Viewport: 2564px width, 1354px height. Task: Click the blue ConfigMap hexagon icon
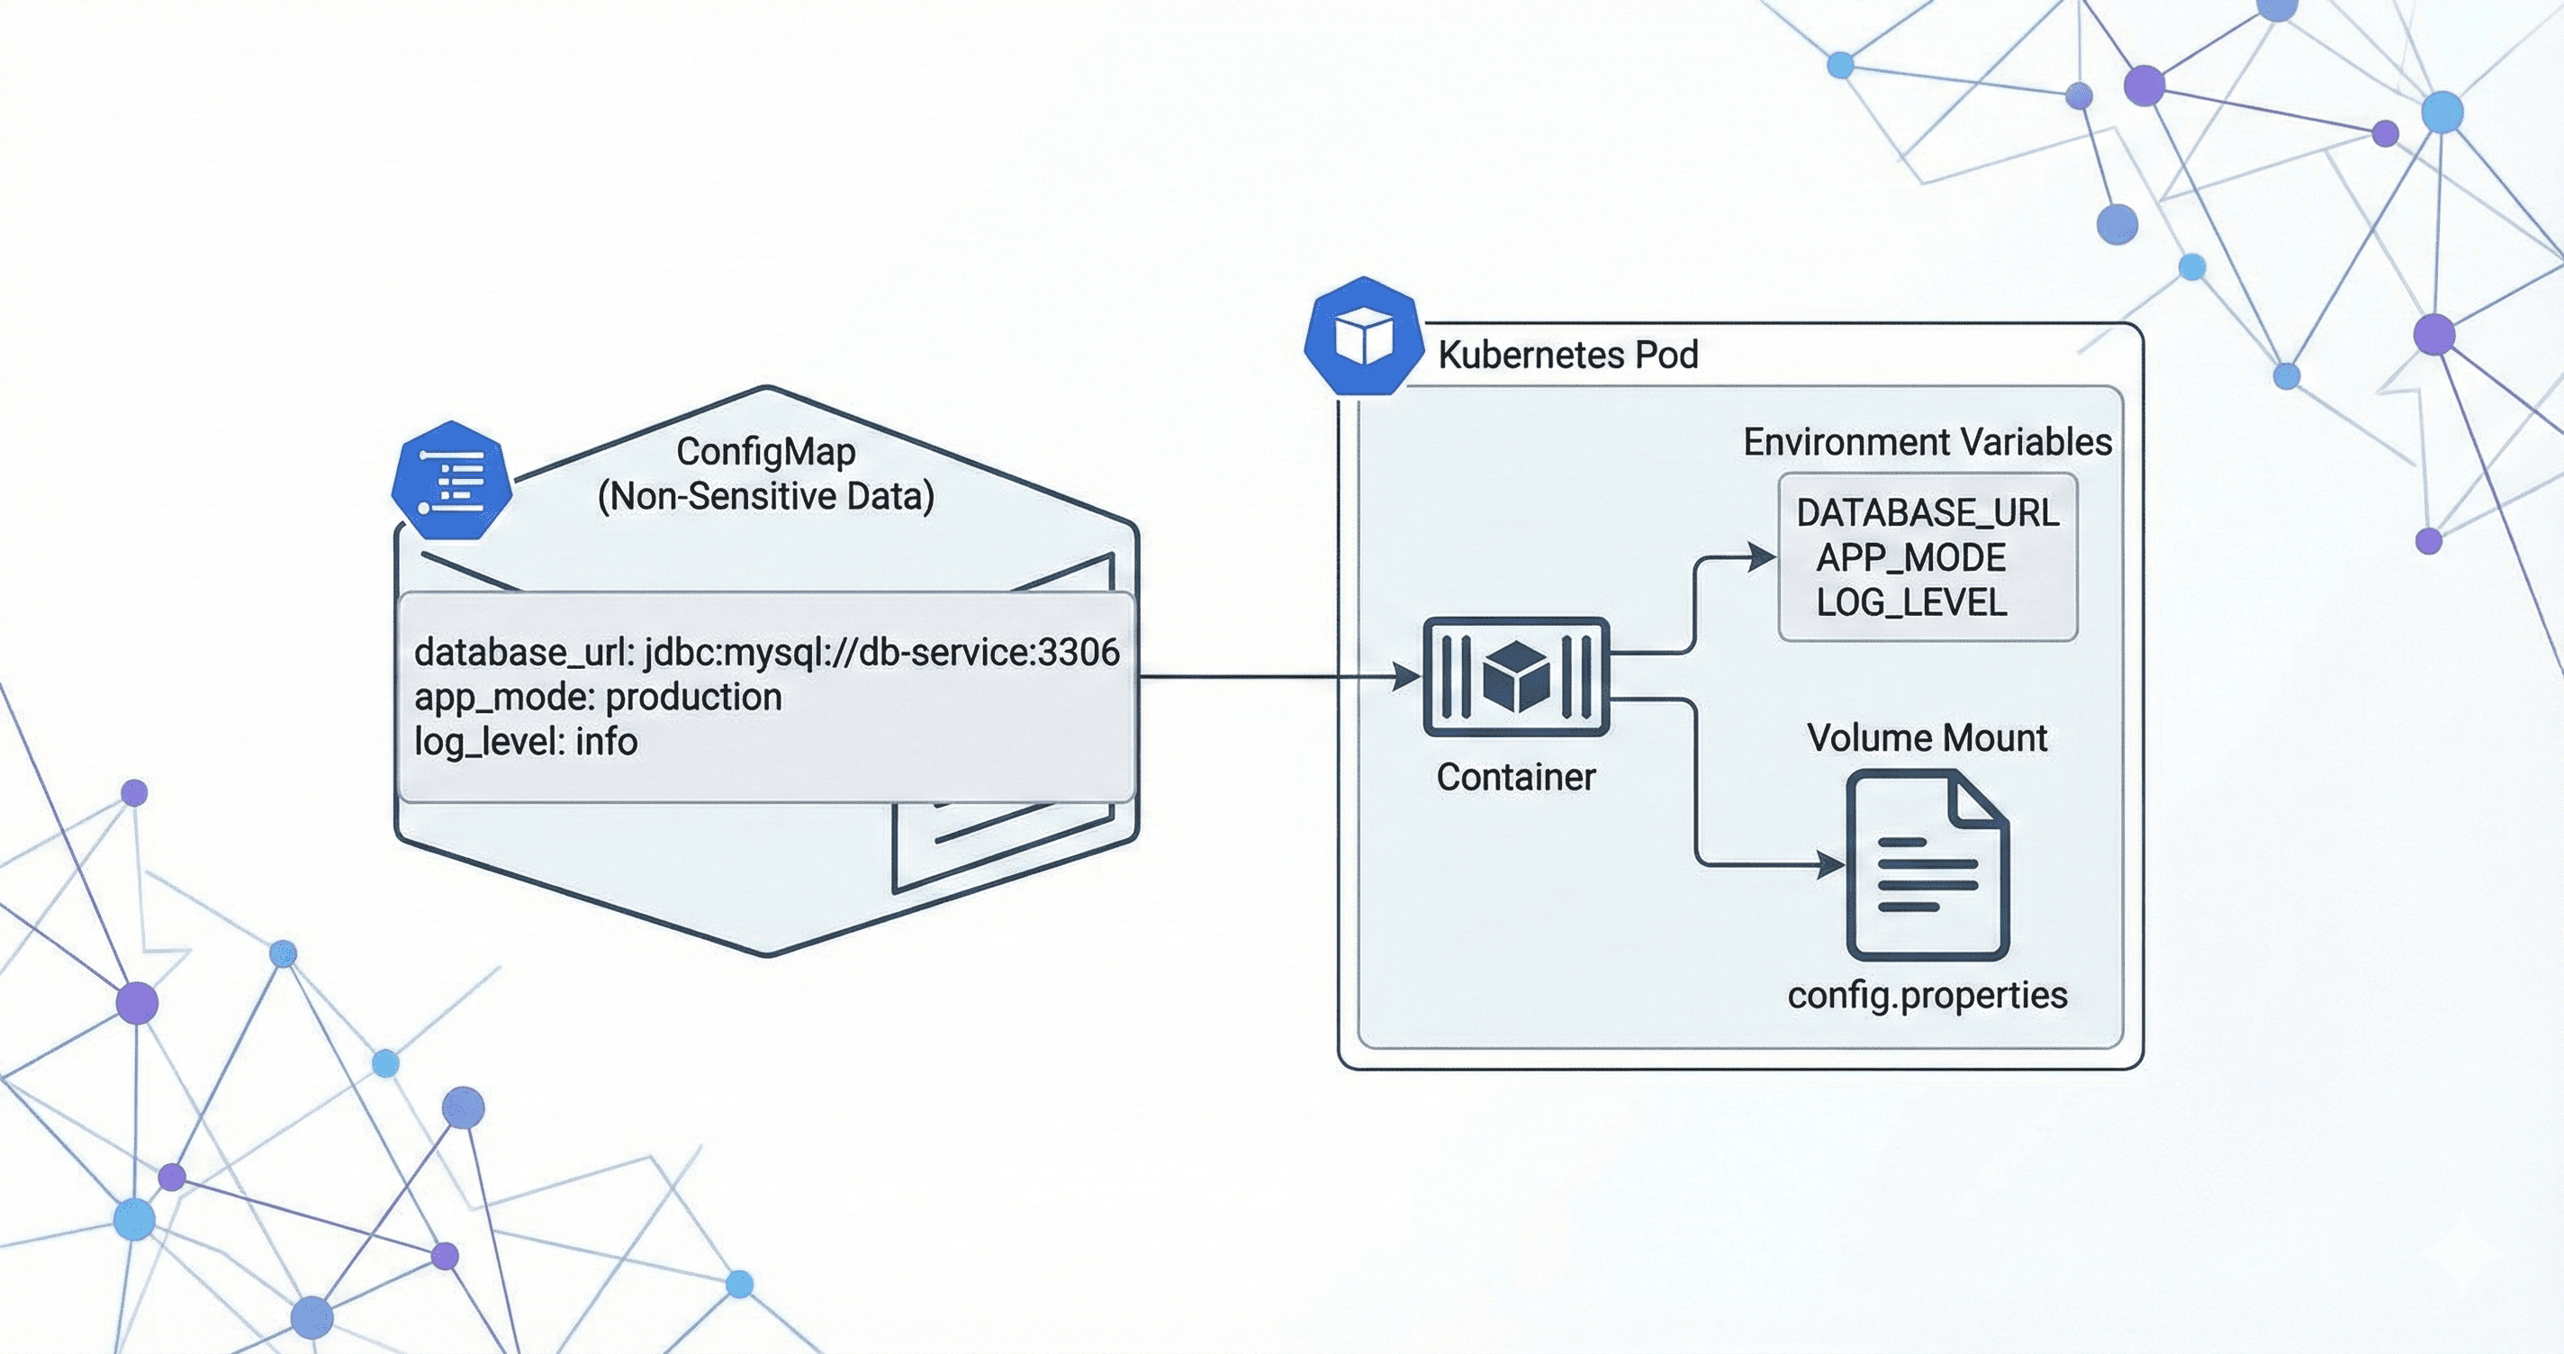point(452,481)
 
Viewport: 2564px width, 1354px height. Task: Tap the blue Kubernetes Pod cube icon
point(1363,337)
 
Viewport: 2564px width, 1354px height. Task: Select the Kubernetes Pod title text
point(1567,356)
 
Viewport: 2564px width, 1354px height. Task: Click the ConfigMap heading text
point(765,452)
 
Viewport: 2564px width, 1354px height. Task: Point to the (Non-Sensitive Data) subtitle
point(765,496)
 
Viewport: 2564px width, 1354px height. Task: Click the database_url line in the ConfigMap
point(766,652)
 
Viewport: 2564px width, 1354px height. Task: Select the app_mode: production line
point(597,697)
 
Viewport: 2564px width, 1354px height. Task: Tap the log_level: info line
point(526,742)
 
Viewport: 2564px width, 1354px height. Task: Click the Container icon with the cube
point(1515,677)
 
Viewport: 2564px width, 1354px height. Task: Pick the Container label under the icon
point(1515,778)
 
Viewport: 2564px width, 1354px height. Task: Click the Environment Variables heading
point(1927,442)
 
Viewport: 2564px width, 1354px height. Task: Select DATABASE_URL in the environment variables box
point(1927,513)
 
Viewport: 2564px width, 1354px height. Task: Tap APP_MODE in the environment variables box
point(1911,557)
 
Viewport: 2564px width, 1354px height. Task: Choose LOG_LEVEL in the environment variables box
point(1911,602)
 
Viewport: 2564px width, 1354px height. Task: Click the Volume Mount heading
point(1927,737)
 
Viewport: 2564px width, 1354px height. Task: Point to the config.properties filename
point(1927,995)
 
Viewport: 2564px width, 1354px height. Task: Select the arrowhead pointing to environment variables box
point(1763,556)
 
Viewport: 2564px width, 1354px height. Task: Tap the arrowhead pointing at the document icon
point(1830,864)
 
